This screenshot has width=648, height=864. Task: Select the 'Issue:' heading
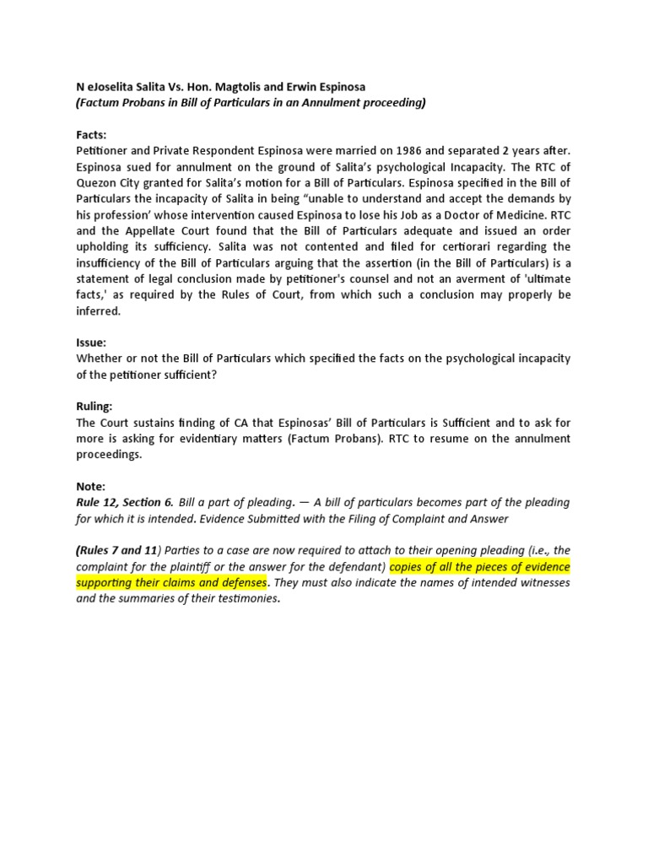[91, 343]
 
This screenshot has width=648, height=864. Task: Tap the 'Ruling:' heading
[95, 407]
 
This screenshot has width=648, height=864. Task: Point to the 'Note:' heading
[91, 486]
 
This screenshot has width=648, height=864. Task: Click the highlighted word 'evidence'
[543, 566]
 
